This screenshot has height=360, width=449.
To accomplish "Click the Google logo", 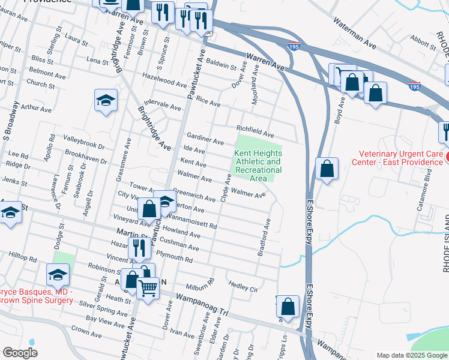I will [20, 352].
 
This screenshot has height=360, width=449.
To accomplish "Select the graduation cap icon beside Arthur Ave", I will [106, 100].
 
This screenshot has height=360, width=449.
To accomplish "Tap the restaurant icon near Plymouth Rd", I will [139, 247].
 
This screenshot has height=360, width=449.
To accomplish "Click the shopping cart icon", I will [148, 287].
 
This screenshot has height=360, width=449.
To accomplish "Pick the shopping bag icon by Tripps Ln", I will [288, 306].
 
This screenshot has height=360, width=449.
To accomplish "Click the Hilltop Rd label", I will [23, 257].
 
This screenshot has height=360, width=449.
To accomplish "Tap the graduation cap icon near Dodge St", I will [58, 275].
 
